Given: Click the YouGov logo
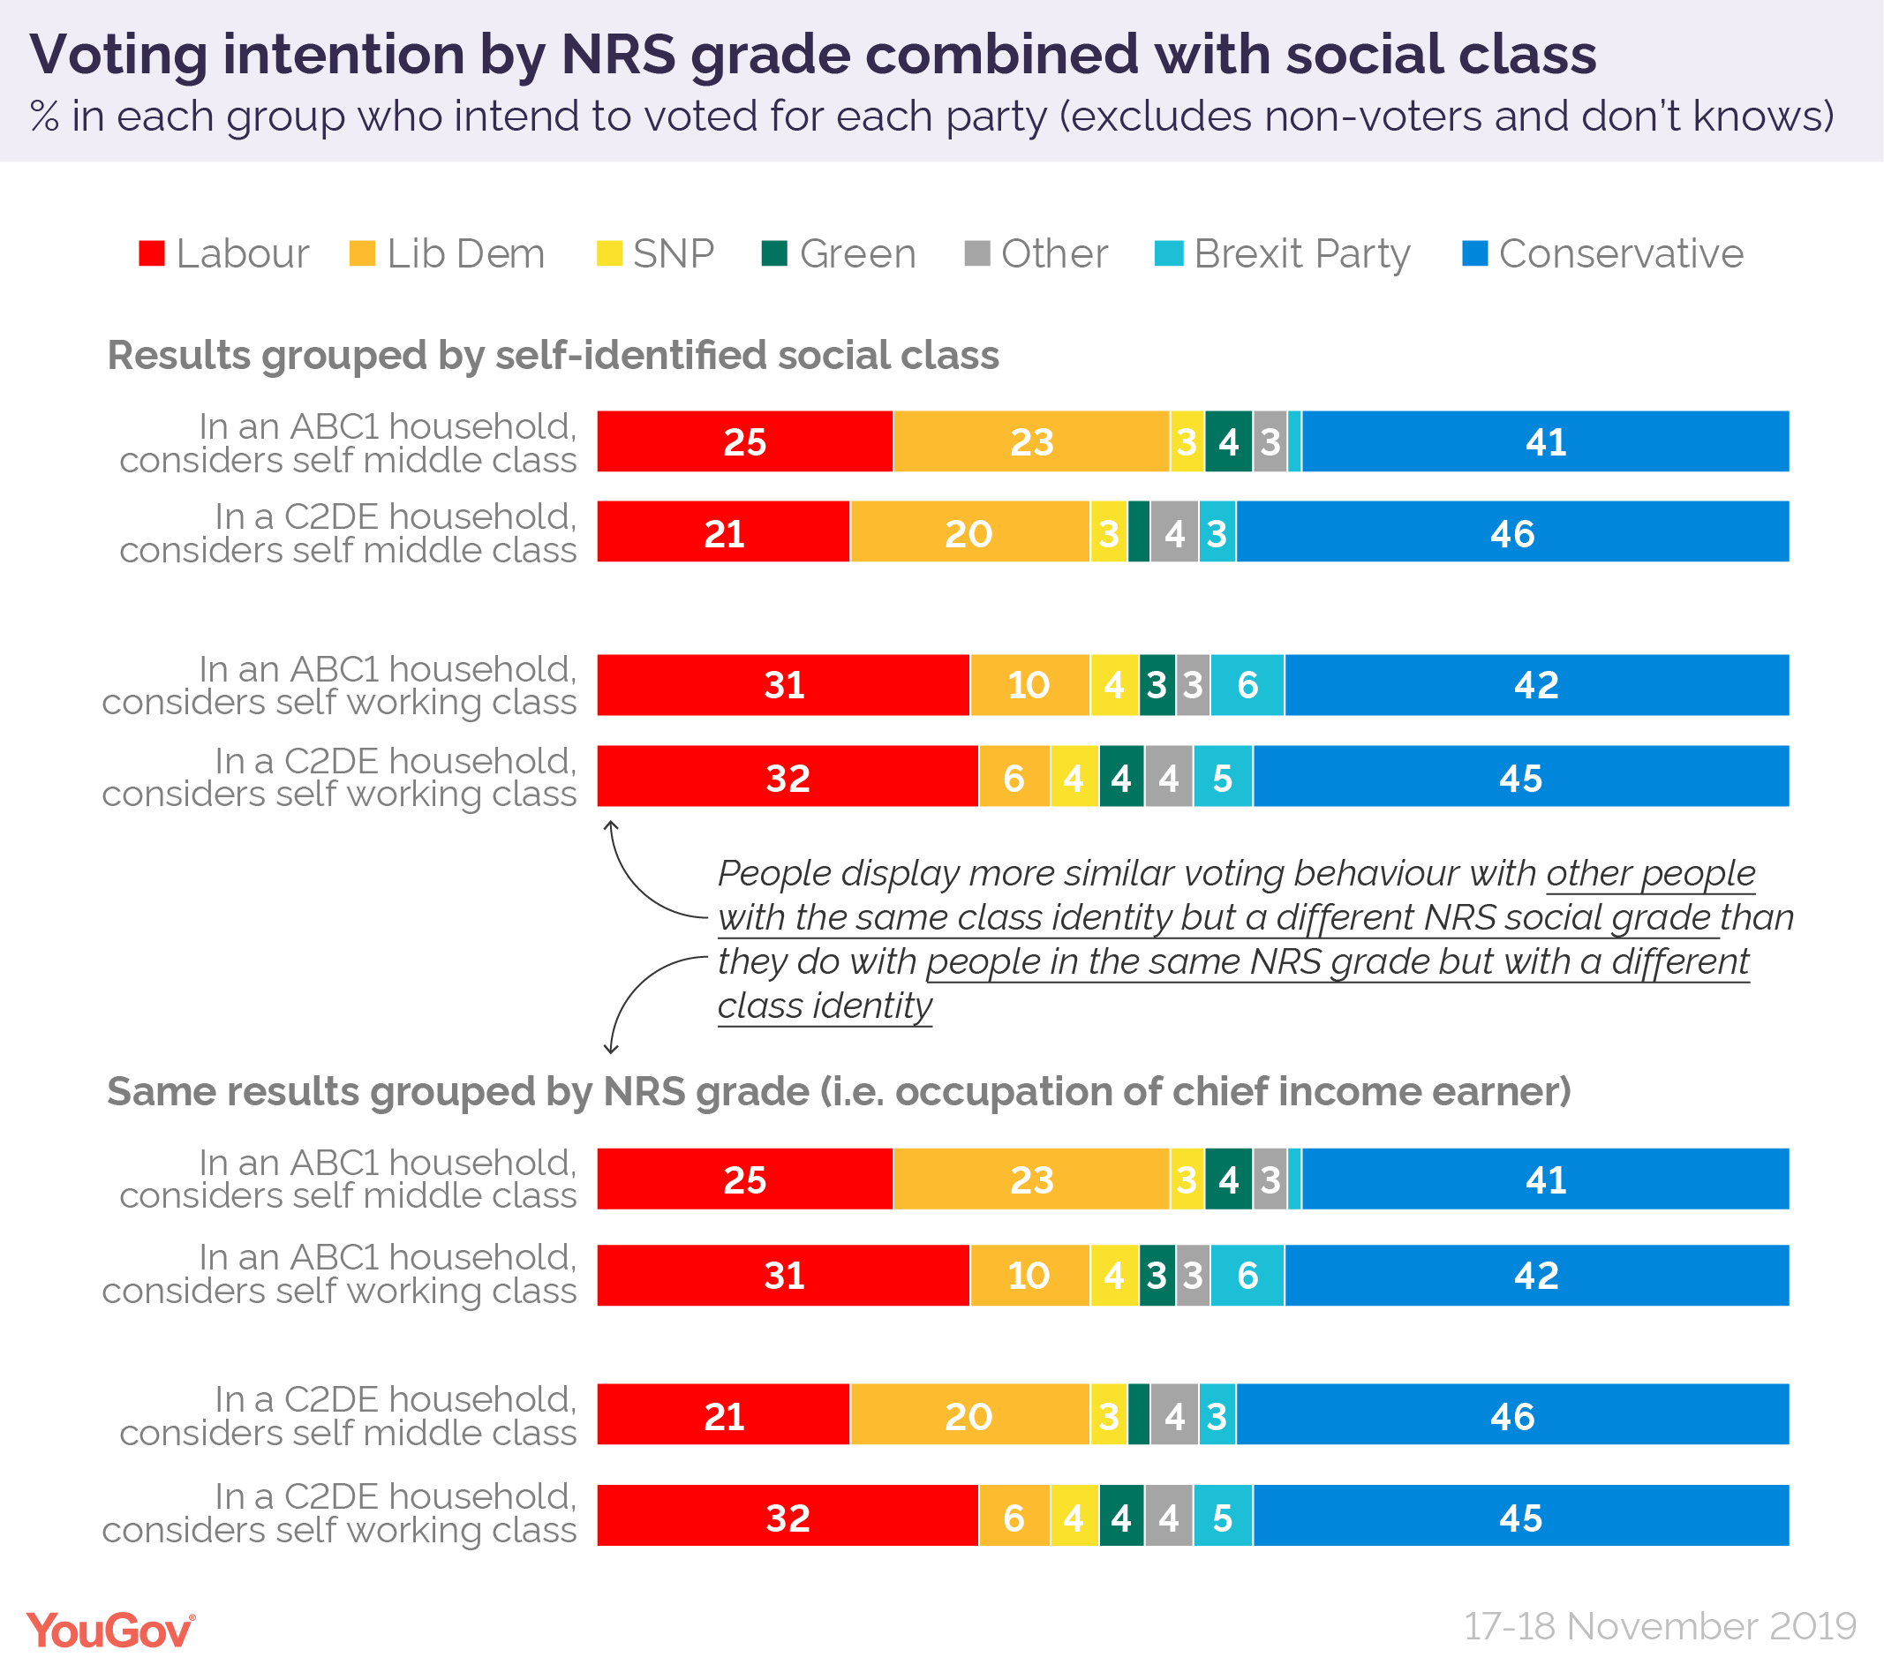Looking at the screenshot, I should tap(109, 1631).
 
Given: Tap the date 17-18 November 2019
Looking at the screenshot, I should tap(1660, 1626).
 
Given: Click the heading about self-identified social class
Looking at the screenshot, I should tap(553, 356).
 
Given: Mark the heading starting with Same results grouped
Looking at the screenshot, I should tap(838, 1091).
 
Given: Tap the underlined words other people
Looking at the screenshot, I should tap(1650, 873).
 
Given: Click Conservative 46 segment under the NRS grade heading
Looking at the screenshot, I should tap(1512, 1415).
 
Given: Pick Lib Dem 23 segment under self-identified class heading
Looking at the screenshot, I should tap(1031, 442).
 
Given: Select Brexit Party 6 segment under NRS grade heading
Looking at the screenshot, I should tap(1247, 1276).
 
